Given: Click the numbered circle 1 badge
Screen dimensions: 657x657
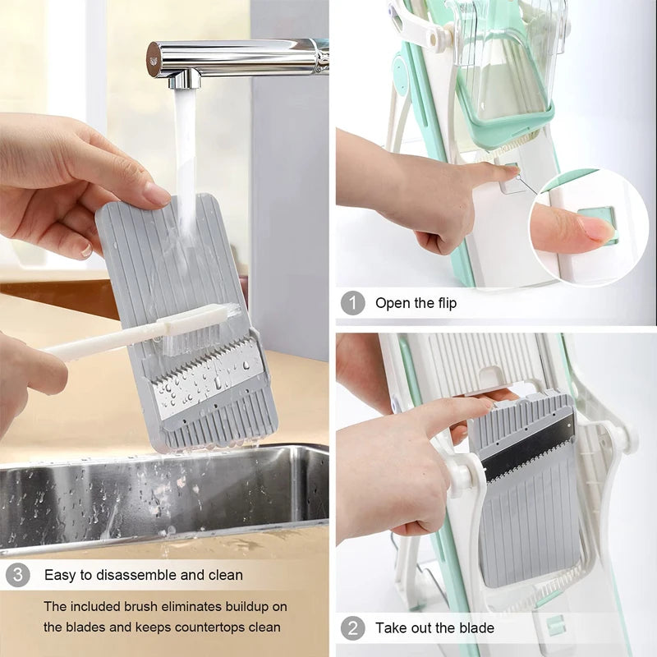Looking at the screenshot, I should [352, 303].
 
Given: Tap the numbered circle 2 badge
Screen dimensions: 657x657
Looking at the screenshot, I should [352, 628].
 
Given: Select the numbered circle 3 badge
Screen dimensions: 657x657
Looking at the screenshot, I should [17, 575].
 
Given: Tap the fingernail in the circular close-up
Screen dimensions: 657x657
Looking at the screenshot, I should [597, 228].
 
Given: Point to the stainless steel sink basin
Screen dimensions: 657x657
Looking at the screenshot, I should [164, 493].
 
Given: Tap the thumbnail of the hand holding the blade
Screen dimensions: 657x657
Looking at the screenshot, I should [156, 193].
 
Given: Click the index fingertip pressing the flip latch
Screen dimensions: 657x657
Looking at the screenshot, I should [503, 172].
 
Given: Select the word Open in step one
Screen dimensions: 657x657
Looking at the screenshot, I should [393, 303].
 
